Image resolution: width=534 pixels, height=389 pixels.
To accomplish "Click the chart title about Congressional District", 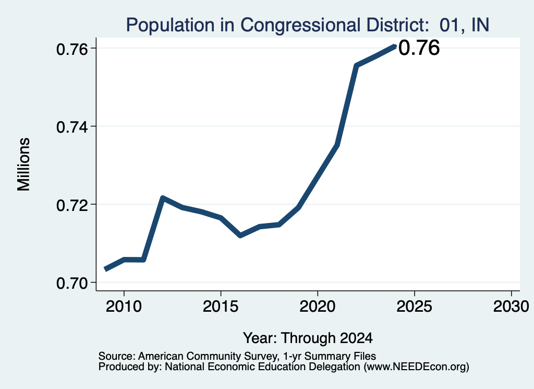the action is coord(308,25).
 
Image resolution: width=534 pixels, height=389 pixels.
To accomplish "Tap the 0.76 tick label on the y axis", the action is coord(71,49).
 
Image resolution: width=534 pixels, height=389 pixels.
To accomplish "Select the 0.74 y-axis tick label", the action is coord(71,127).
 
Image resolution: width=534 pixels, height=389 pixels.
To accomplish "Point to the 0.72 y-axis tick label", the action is coord(71,205).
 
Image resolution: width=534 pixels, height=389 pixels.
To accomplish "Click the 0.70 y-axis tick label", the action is coord(71,283).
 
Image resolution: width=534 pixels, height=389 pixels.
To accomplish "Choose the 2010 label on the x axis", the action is coord(124,306).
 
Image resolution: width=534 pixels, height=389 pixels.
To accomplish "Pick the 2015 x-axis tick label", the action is coord(221,306).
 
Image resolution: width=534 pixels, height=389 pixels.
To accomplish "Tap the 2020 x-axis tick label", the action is coord(318,306).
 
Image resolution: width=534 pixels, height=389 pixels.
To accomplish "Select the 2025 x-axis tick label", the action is coord(415,306).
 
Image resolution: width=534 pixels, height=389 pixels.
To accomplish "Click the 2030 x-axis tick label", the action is coord(511,306).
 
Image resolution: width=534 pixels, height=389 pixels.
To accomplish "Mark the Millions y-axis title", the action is coord(24,164).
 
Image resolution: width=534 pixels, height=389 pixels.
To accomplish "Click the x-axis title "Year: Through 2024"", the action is coord(308,338).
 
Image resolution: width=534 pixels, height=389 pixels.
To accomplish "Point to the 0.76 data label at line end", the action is coord(419,48).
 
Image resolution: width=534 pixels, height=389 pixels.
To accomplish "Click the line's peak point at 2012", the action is coord(163,198).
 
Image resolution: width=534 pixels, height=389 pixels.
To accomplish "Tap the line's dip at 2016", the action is coord(240,235).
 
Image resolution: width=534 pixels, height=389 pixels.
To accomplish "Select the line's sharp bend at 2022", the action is coord(356,65).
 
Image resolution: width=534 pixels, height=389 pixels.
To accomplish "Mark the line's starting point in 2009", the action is coord(105,269).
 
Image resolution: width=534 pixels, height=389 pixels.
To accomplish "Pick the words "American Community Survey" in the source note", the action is coord(207,356).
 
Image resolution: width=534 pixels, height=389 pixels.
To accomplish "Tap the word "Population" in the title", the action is coord(171,26).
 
